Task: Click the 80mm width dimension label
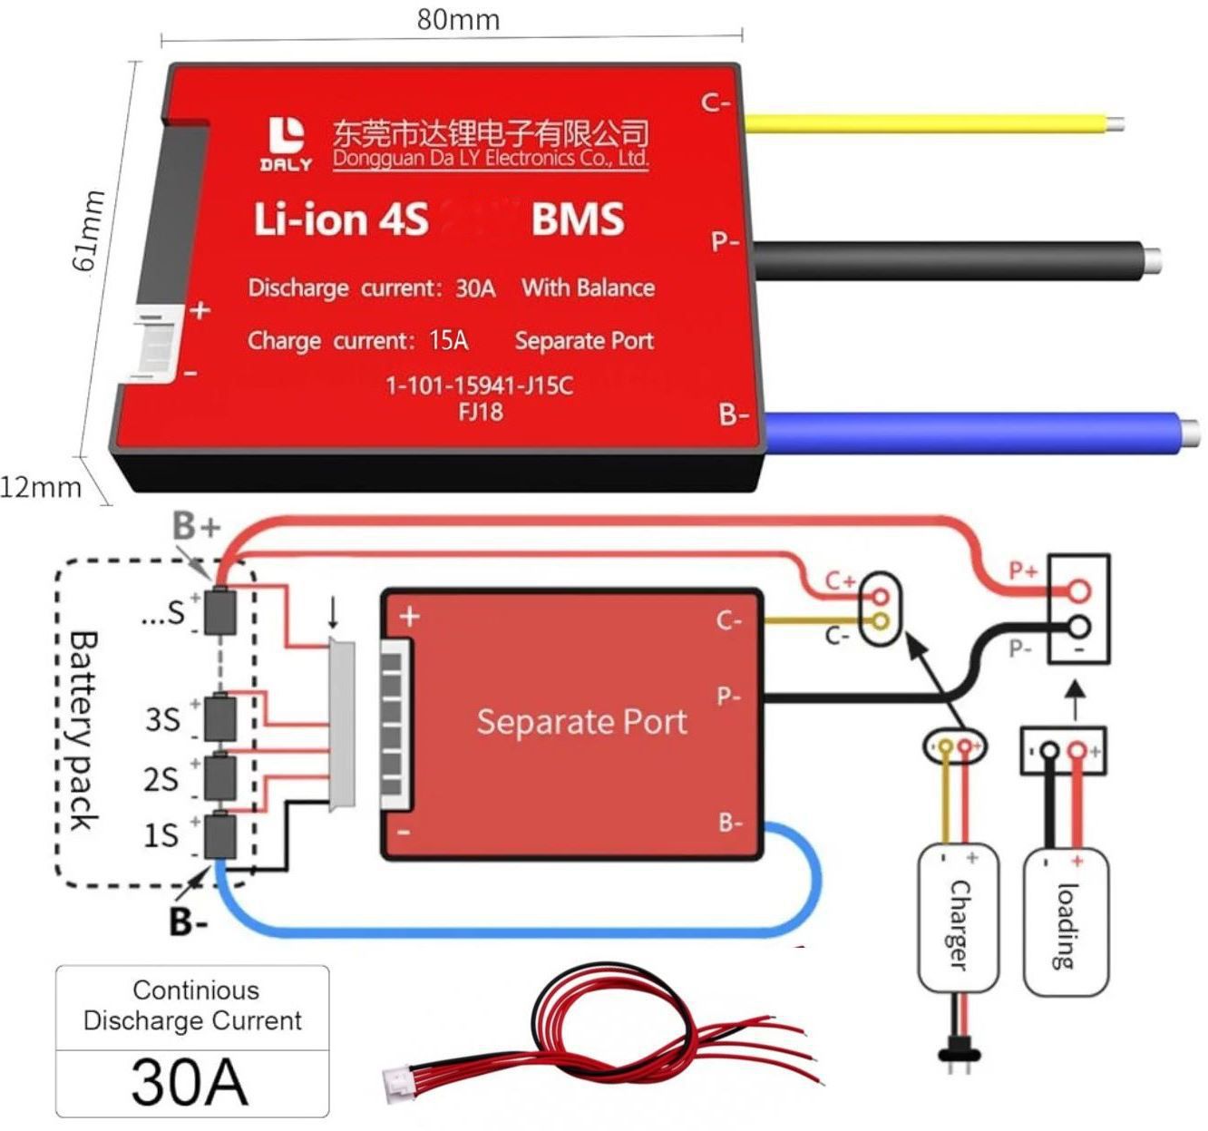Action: pos(458,19)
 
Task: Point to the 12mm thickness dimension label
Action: pos(41,487)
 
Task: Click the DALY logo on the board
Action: pos(287,145)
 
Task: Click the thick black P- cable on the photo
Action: pos(952,259)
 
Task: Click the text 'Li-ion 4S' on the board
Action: pos(340,219)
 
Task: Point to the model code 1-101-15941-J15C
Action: pos(480,385)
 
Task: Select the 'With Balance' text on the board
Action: pos(588,288)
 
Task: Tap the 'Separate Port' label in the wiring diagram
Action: pos(581,722)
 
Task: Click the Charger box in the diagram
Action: pos(958,921)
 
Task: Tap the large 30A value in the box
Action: pos(190,1081)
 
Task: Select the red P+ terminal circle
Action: pos(1078,591)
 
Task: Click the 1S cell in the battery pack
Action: pos(219,835)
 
